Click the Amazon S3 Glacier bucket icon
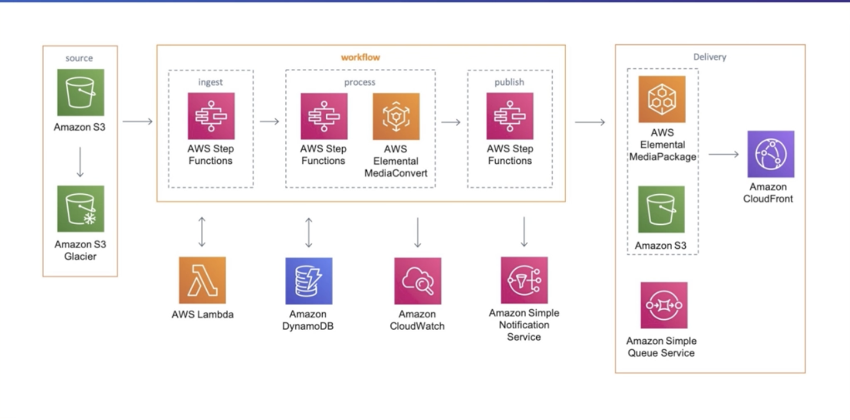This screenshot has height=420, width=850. point(80,208)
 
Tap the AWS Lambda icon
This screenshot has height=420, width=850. point(202,280)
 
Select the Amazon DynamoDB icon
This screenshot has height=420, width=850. point(309,281)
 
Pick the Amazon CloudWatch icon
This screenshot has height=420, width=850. point(418,281)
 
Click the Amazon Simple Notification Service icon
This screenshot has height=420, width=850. point(524,280)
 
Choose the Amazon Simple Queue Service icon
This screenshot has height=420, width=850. point(664,305)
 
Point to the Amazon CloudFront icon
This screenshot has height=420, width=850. point(770,154)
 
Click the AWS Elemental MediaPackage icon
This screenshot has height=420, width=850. point(662,99)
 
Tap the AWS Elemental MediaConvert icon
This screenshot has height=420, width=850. point(396,117)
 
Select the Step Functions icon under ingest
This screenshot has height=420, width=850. point(211,116)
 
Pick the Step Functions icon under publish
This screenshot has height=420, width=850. point(509,116)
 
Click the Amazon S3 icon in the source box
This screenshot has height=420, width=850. point(80,92)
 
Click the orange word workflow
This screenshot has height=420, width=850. point(360,57)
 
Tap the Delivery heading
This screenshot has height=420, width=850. point(709,57)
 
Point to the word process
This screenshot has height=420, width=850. point(359,82)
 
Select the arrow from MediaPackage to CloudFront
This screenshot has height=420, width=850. point(724,154)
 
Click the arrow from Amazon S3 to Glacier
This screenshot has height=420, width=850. point(80,162)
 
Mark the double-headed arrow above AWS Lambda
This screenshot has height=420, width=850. point(202,232)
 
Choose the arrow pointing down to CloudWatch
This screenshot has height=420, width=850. point(418,232)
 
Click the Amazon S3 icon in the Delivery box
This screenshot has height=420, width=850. point(661,209)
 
